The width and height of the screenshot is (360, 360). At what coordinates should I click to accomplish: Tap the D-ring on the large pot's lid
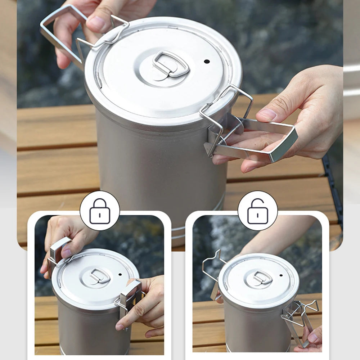tap(171, 64)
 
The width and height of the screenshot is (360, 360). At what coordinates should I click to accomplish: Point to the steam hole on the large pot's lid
tap(207, 61)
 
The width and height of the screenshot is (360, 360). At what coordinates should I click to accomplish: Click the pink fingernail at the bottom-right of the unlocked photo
tap(312, 338)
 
